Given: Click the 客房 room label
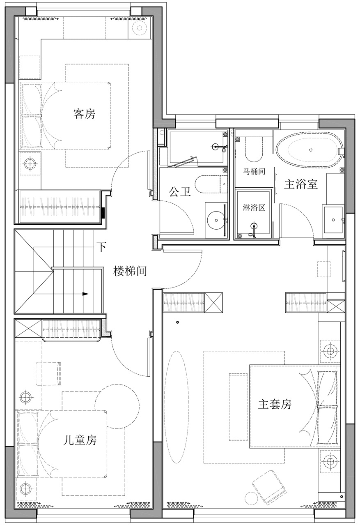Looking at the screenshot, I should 84,114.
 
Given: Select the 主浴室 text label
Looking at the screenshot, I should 301,184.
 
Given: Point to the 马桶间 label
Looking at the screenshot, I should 254,171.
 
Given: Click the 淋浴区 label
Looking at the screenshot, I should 254,207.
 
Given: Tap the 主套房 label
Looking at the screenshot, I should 275,404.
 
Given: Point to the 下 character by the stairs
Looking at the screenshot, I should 101,247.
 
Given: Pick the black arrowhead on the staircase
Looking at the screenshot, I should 85,294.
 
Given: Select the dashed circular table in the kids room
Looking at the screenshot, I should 117,407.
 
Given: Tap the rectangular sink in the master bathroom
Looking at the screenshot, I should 333,220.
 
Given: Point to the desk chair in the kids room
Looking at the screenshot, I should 48,373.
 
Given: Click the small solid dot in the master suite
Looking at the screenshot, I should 177,322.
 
